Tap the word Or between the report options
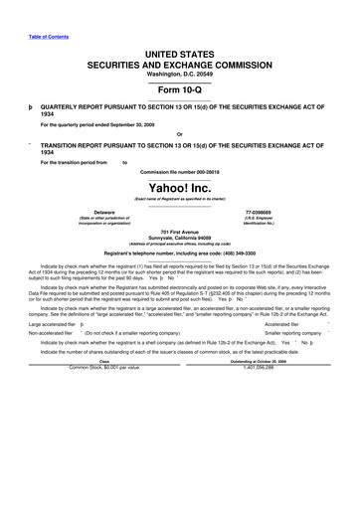click(179, 135)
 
